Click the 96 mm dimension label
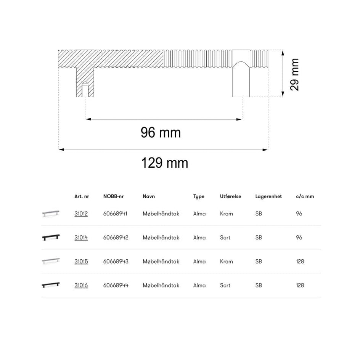pos(161,133)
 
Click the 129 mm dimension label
pos(165,163)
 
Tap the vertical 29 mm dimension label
pos(294,74)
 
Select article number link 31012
pos(81,214)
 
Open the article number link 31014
pos(81,238)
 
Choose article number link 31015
pos(81,261)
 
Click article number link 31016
pos(81,285)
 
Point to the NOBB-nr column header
pos(113,196)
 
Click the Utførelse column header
pos(230,196)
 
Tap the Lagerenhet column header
pos(268,196)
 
